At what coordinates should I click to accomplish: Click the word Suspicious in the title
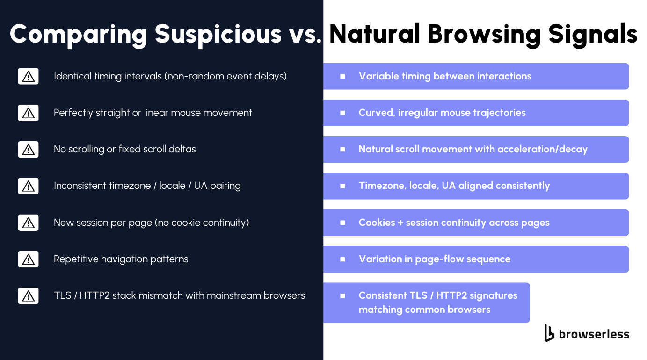pos(218,35)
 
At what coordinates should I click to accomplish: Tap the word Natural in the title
pos(375,34)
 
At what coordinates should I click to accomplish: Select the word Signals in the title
pos(593,35)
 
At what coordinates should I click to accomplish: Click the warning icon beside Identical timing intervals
pos(29,76)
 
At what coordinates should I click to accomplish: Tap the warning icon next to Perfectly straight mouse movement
pos(29,113)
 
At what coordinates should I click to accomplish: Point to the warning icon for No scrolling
pos(29,149)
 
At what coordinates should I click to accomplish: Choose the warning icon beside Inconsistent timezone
pos(29,186)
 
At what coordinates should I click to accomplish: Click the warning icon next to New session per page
pos(29,223)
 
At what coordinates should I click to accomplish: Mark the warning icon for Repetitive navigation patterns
pos(29,259)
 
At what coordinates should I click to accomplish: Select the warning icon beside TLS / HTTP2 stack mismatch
pos(29,296)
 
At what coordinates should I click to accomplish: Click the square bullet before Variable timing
pos(342,76)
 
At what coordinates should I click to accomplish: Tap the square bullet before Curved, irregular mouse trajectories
pos(342,113)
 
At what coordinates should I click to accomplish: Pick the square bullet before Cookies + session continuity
pos(342,223)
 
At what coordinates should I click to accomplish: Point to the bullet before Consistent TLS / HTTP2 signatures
pos(342,295)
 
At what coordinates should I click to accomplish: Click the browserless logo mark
pos(549,332)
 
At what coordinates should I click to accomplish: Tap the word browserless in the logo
pos(594,334)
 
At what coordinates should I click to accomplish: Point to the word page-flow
pos(439,259)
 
